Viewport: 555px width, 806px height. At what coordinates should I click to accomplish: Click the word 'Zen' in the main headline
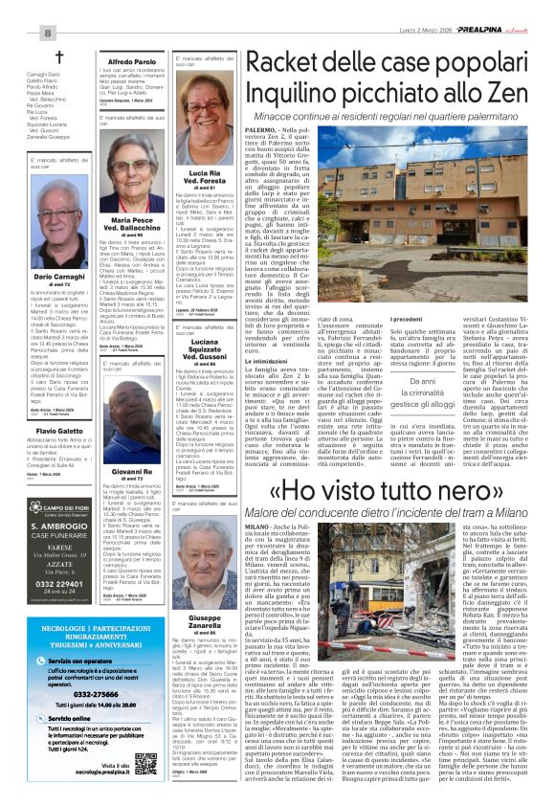512,94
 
